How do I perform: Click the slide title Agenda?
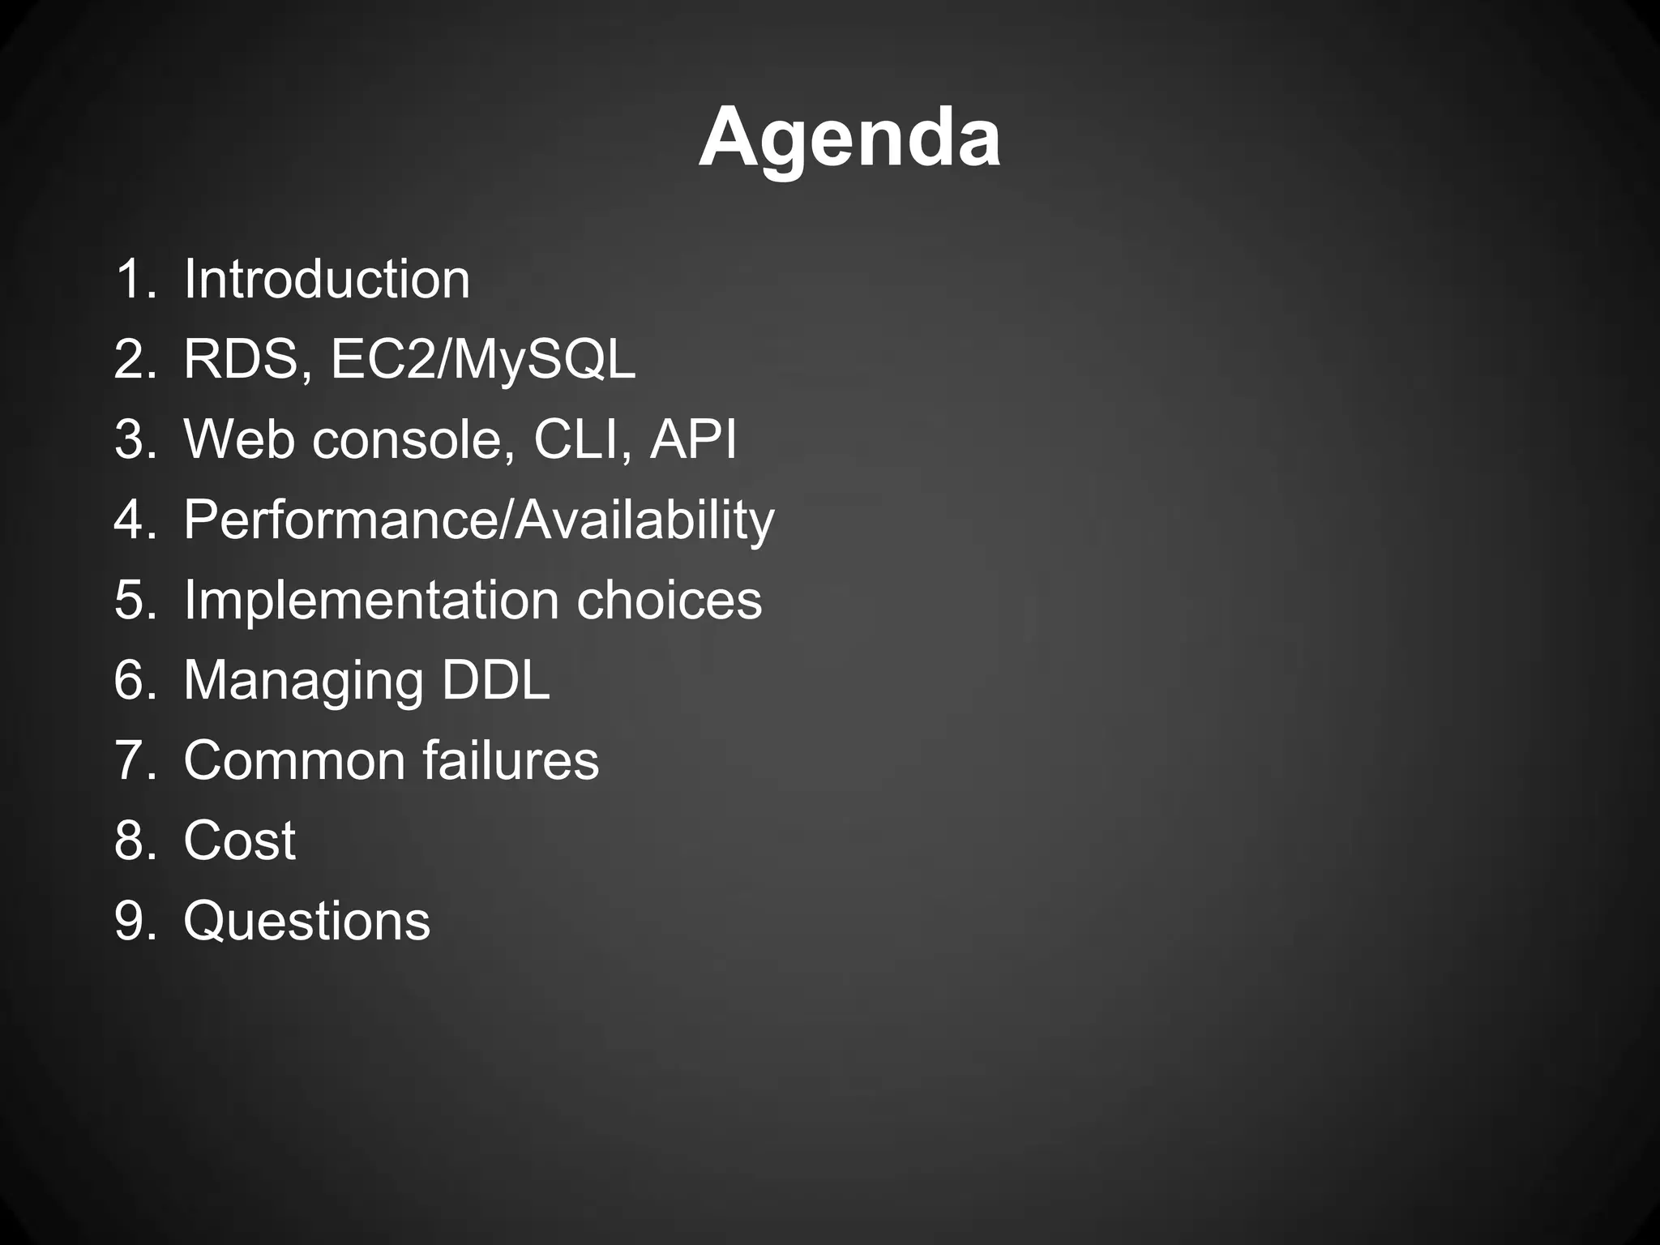[849, 138]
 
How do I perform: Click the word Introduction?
[327, 279]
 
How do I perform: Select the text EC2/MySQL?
[483, 359]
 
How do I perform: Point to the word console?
[413, 439]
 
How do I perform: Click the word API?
[693, 439]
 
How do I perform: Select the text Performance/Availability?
[478, 520]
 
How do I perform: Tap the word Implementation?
[371, 600]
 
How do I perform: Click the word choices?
[670, 600]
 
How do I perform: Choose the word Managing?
[303, 680]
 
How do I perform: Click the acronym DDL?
[495, 680]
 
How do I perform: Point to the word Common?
[294, 760]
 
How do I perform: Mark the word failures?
[511, 760]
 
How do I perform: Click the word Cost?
[239, 841]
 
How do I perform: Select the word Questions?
[306, 921]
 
